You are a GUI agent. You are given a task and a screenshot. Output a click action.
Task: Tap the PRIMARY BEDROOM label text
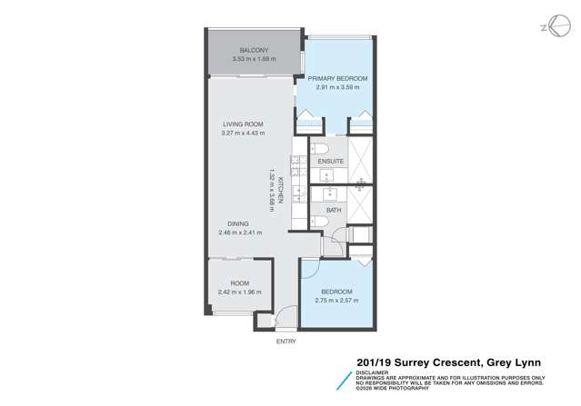(336, 80)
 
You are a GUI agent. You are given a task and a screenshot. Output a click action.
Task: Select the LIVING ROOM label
(243, 124)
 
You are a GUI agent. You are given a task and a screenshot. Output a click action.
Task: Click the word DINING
(239, 223)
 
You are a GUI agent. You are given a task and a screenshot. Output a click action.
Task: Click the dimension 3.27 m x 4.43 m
(243, 134)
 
